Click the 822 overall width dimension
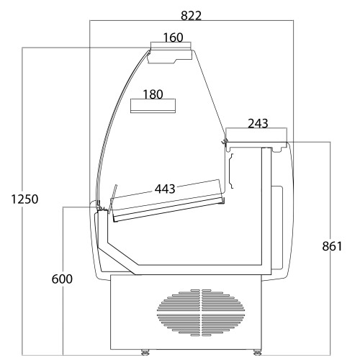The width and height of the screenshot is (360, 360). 191,16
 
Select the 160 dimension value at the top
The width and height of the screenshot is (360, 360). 173,37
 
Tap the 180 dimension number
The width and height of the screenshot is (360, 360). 153,94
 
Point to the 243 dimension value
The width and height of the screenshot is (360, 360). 258,124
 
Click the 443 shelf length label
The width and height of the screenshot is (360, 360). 165,189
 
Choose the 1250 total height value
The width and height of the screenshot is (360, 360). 24,199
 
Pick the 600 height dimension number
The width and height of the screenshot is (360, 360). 62,279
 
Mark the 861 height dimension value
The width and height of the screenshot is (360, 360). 332,246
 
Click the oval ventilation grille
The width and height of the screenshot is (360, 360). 201,312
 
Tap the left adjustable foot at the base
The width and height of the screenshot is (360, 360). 145,352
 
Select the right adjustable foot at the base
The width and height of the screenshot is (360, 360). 257,352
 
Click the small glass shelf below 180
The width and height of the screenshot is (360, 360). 153,106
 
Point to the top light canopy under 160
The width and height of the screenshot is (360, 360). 170,56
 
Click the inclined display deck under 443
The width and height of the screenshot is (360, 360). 168,208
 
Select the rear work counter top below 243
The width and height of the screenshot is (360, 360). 257,146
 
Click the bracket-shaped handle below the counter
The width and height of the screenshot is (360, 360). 231,171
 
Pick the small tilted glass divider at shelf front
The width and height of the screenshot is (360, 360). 113,199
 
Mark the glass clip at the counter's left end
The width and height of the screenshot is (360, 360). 225,141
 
